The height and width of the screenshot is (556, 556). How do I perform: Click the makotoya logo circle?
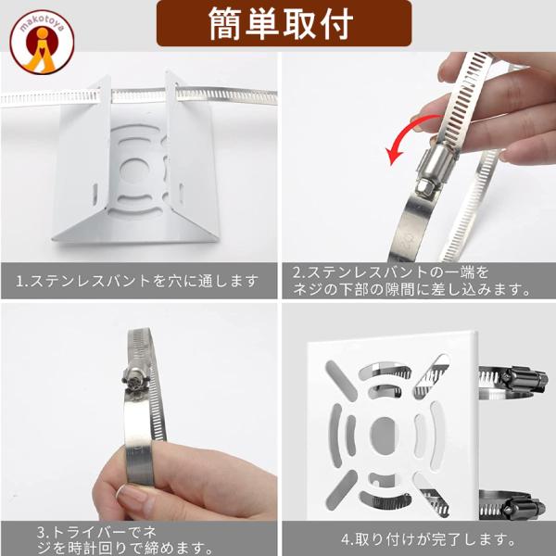[42, 42]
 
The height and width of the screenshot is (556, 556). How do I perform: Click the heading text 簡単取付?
[281, 23]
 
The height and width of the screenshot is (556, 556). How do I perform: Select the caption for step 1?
[137, 281]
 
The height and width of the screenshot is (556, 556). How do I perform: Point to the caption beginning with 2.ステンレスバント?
[411, 281]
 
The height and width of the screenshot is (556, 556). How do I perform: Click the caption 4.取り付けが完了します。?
[428, 539]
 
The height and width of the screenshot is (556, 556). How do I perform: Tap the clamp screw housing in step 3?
[135, 378]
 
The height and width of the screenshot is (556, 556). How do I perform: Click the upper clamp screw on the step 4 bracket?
[524, 380]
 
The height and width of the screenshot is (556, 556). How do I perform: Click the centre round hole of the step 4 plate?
[384, 434]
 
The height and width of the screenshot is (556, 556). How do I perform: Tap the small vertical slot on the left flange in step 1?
[95, 194]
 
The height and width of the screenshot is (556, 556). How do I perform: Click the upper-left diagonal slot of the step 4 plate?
[341, 381]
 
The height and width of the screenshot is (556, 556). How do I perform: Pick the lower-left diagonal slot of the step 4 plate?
[341, 490]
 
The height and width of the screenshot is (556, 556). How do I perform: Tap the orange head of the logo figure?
[43, 33]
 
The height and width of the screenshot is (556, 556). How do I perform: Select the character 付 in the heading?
[337, 23]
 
